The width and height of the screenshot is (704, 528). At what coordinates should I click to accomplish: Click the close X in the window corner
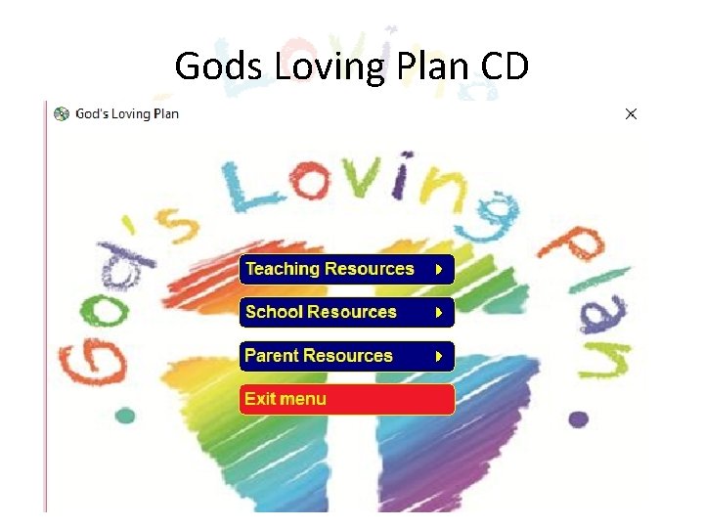(631, 114)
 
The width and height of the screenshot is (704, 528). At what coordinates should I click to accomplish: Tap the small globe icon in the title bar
(62, 113)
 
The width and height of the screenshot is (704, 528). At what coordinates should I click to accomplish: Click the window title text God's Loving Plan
(127, 113)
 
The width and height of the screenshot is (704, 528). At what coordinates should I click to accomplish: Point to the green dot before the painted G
(124, 416)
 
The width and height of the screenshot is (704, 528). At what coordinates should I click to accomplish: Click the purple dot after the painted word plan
(579, 418)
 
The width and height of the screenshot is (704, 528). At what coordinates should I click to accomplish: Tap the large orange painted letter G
(93, 362)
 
